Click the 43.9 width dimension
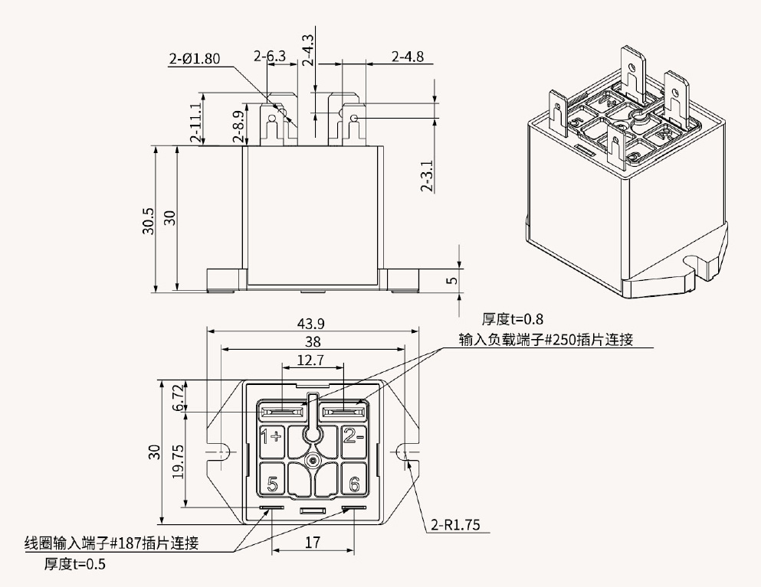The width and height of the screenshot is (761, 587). click(313, 324)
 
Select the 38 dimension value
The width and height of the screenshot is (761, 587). click(313, 342)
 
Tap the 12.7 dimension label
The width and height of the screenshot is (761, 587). click(313, 360)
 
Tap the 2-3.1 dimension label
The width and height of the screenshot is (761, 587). click(428, 176)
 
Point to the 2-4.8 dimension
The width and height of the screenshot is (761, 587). click(407, 57)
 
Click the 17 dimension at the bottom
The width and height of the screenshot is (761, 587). click(313, 542)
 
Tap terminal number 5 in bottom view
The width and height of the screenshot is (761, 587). click(272, 484)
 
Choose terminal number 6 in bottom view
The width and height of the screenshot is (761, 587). click(354, 484)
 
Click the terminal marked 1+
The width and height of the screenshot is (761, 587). click(272, 437)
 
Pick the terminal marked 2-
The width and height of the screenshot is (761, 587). click(354, 437)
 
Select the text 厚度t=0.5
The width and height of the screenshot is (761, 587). click(74, 565)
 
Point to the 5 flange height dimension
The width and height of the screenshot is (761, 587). click(452, 280)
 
